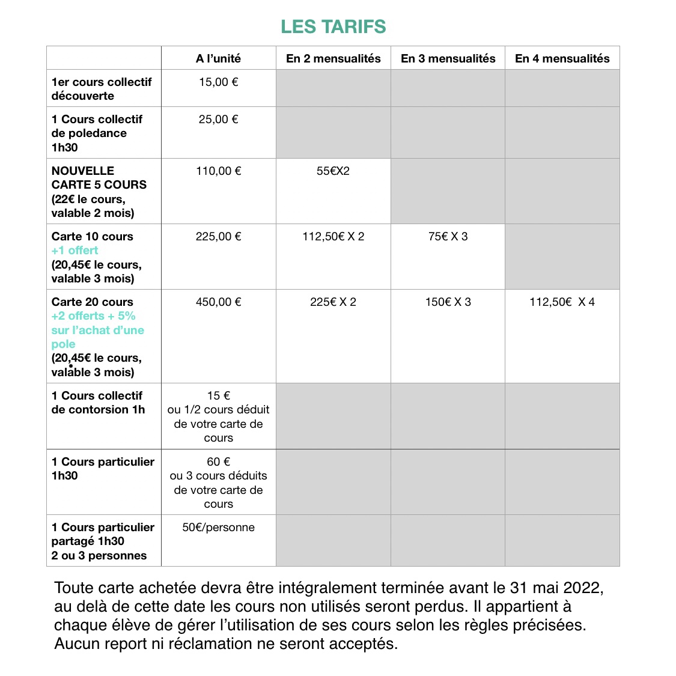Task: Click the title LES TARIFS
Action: (333, 27)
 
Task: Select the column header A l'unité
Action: (218, 58)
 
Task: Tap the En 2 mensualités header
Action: (333, 58)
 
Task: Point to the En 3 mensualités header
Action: (448, 58)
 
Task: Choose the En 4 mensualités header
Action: (562, 58)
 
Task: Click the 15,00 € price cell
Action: (218, 82)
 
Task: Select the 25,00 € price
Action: (218, 120)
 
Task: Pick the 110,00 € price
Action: (218, 171)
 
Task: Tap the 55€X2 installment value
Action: (333, 171)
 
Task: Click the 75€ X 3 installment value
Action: (448, 237)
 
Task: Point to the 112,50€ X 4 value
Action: (562, 302)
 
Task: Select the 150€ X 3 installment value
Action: (448, 302)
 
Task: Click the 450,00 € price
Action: (218, 302)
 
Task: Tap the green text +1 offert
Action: (75, 251)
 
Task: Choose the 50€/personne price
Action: (218, 528)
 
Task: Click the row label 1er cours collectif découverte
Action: (101, 89)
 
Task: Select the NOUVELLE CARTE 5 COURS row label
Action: (99, 178)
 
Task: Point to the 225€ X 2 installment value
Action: (333, 302)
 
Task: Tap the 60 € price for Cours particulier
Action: (218, 462)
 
